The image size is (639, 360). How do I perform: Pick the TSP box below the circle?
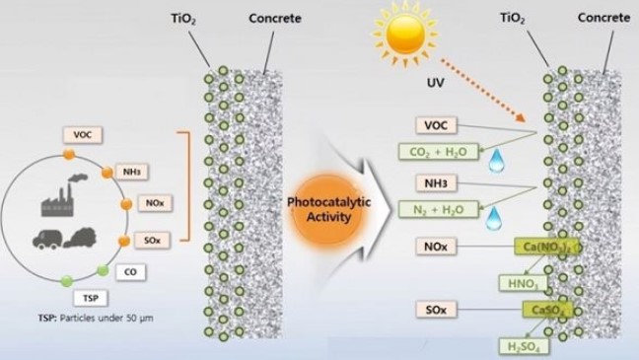coord(90,296)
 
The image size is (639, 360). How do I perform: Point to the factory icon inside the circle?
coord(64,200)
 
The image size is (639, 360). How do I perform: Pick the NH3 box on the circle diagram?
coord(132,172)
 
